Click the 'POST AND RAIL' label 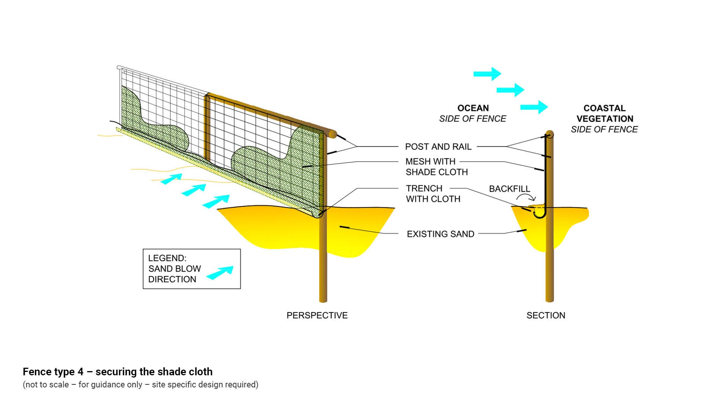[438, 147]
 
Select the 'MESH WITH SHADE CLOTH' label [436, 167]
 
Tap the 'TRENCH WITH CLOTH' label [433, 194]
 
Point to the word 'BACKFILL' [509, 189]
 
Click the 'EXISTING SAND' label [440, 234]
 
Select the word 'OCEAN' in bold [473, 108]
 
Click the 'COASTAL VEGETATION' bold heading [604, 113]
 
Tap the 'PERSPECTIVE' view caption [317, 315]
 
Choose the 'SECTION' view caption [546, 315]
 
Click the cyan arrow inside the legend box [220, 272]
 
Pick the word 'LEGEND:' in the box [167, 258]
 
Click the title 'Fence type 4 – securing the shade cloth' [118, 372]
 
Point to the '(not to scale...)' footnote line [140, 385]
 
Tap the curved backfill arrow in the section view [527, 197]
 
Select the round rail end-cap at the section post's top [549, 134]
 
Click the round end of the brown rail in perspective [333, 134]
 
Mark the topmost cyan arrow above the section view [487, 74]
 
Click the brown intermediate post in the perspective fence [207, 129]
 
